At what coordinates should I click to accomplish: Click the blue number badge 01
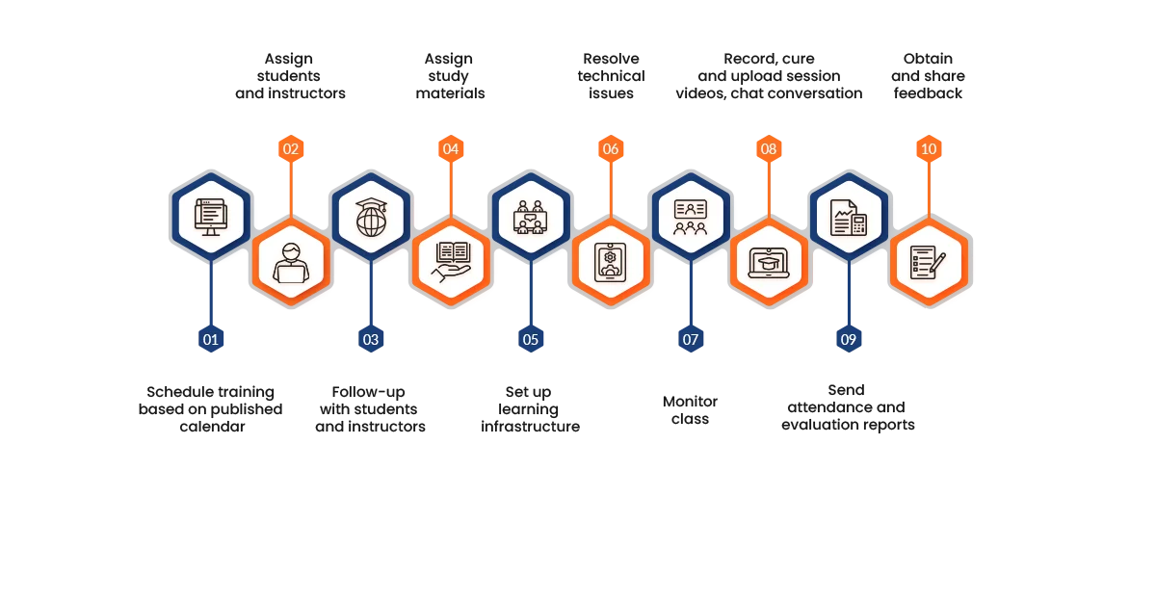coord(211,339)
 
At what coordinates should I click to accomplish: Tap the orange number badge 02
coord(291,149)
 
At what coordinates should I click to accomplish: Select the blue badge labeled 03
coord(371,339)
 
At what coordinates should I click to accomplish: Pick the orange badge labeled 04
coord(450,149)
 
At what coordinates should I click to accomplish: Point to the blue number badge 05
coord(531,339)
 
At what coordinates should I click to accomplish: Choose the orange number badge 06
coord(610,149)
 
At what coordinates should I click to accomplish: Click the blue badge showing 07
coord(690,339)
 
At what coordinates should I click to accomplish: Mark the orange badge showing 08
coord(768,149)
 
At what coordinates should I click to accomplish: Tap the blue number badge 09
coord(848,339)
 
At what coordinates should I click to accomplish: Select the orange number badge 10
coord(928,149)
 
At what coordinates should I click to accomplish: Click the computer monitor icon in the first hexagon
coord(211,217)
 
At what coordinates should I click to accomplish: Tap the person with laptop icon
coord(291,263)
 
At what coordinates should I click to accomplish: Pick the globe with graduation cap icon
coord(371,217)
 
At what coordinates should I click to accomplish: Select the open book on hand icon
coord(451,263)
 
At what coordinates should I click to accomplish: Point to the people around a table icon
coord(531,217)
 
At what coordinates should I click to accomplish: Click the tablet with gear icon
coord(611,263)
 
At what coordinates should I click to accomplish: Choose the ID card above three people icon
coord(690,217)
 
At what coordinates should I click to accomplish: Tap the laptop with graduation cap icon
coord(769,263)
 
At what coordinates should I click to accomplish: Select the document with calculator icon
coord(848,217)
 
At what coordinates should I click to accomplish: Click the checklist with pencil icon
coord(929,263)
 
